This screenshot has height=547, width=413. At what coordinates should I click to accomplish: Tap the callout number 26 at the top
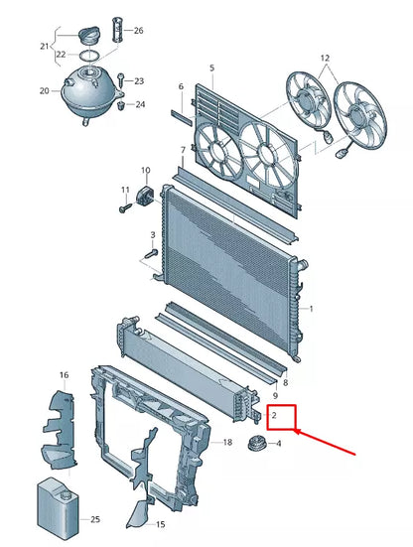click(x=138, y=31)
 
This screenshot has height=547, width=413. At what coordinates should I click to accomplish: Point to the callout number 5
click(x=211, y=68)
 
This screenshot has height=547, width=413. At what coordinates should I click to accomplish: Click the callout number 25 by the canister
click(x=96, y=519)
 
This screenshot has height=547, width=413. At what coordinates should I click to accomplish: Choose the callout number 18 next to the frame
click(x=227, y=442)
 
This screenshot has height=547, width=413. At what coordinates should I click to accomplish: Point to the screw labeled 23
click(x=118, y=80)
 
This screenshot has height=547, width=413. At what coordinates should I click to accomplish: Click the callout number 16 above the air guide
click(x=64, y=375)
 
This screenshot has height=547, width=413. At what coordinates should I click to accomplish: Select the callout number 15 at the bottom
click(x=161, y=524)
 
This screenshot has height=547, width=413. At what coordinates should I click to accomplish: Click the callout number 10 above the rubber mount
click(x=145, y=170)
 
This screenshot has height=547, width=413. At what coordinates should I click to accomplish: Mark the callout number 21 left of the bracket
click(x=44, y=46)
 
